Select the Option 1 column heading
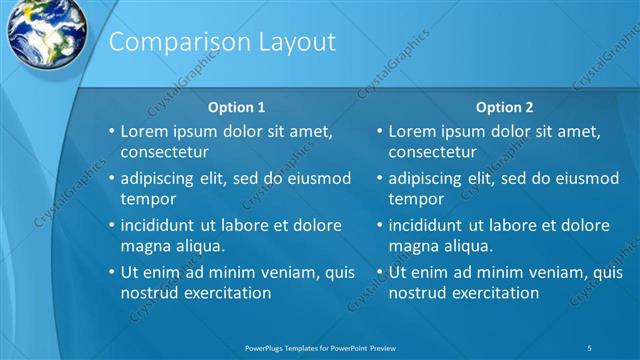(x=236, y=107)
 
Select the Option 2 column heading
(x=505, y=107)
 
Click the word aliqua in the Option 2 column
(x=470, y=246)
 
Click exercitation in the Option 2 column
(x=494, y=293)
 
